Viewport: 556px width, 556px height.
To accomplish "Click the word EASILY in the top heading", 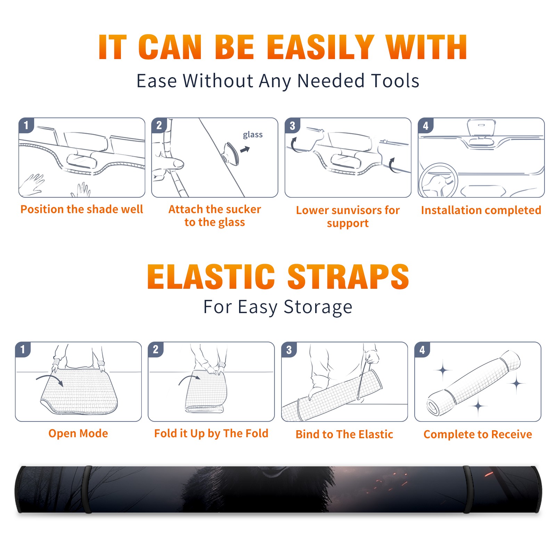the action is point(321,47).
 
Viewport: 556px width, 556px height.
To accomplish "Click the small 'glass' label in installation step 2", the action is point(253,135).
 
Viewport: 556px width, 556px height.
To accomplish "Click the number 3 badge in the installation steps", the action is point(292,125).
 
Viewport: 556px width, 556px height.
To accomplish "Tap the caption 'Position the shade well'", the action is point(82,209).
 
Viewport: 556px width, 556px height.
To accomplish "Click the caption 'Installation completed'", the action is point(481,210).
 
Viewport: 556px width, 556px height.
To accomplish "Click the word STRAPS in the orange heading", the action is point(348,277).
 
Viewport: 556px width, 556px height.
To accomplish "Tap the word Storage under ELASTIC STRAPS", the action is point(318,307).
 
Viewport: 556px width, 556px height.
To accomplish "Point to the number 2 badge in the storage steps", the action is point(156,349).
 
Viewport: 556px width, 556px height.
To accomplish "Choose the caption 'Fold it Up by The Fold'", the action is point(211,434).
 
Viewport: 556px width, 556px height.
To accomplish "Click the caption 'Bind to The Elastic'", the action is point(344,434).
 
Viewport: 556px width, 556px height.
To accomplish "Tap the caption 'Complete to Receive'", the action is point(478,434).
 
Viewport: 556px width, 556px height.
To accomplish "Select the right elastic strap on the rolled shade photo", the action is point(467,489).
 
